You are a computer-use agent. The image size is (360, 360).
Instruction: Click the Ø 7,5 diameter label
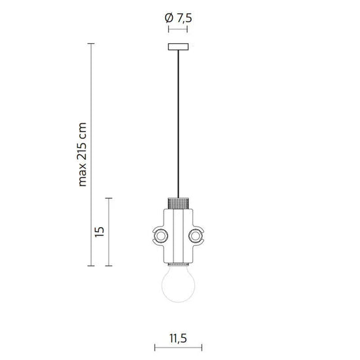pos(177,18)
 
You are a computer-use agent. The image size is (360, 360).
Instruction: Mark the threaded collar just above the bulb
pos(177,264)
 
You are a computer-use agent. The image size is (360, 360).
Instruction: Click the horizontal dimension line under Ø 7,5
pos(177,29)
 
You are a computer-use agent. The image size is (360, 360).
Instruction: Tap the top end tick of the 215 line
pos(91,43)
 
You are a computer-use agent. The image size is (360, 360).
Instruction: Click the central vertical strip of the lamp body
pos(177,232)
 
